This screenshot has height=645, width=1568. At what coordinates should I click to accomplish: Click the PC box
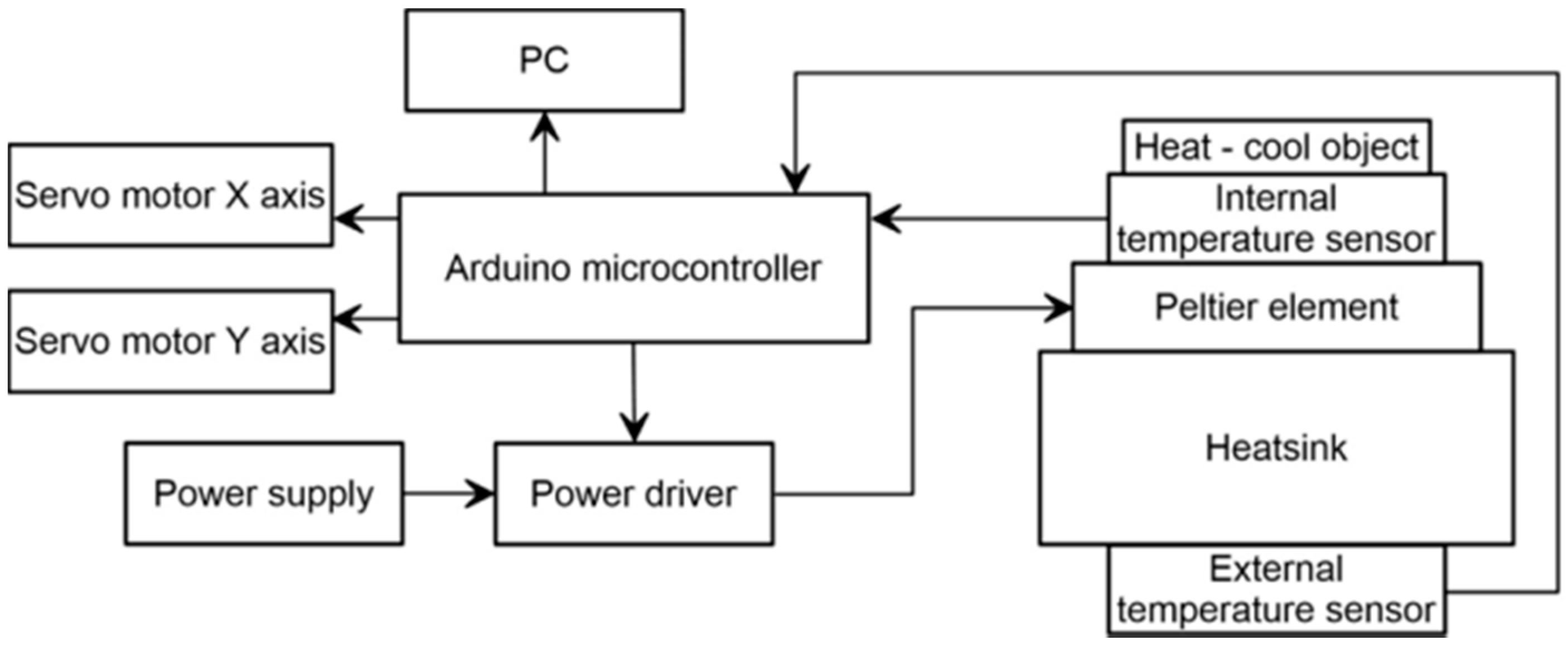pyautogui.click(x=544, y=60)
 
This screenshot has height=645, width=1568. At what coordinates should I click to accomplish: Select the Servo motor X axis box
pyautogui.click(x=171, y=195)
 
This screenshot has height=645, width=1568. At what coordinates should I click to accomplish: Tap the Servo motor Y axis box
pyautogui.click(x=171, y=341)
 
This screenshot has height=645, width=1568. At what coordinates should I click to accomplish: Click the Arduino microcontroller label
pyautogui.click(x=633, y=268)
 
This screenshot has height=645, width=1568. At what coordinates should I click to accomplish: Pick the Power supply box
pyautogui.click(x=264, y=493)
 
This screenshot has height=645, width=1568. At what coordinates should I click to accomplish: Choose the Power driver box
pyautogui.click(x=633, y=493)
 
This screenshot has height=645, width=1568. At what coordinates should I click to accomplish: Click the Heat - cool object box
pyautogui.click(x=1276, y=148)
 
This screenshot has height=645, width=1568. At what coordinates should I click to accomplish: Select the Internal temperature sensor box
pyautogui.click(x=1276, y=219)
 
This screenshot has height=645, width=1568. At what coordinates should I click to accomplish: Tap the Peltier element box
pyautogui.click(x=1276, y=307)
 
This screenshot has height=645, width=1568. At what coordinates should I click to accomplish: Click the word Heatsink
pyautogui.click(x=1276, y=448)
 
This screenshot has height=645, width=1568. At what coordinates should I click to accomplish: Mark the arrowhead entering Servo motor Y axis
pyautogui.click(x=347, y=318)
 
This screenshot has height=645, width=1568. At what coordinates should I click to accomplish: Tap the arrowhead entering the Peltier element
pyautogui.click(x=1059, y=308)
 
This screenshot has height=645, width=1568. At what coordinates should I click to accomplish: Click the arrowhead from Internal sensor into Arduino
pyautogui.click(x=885, y=219)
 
